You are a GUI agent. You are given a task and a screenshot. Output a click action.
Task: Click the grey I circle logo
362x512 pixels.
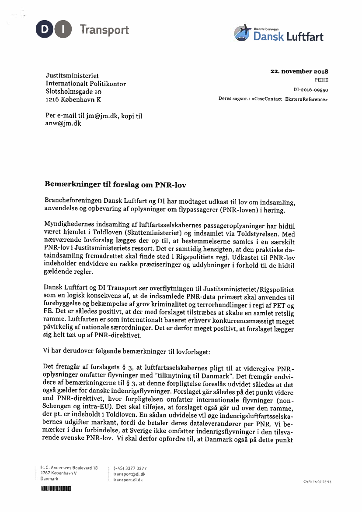coord(63,30)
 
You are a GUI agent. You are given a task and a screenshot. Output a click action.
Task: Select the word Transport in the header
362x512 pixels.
coord(104,30)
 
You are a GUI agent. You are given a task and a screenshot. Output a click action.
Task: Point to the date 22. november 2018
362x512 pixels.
coord(299,71)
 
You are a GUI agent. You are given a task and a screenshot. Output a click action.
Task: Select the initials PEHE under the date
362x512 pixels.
coord(321,80)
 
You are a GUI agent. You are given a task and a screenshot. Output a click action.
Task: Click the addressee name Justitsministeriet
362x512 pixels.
coord(72,76)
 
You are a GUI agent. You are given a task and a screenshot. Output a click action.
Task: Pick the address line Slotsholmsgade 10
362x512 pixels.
coord(73,92)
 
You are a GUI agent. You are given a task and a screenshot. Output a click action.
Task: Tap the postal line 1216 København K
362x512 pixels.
coord(73,100)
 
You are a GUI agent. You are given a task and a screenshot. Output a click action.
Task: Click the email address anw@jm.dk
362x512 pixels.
coord(63,124)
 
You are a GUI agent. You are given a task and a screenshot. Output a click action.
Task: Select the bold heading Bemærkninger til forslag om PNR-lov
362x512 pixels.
coord(115,185)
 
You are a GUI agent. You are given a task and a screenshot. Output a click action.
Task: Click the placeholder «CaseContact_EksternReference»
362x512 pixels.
coord(289,99)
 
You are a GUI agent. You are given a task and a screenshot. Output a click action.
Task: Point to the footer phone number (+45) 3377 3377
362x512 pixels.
coord(130,468)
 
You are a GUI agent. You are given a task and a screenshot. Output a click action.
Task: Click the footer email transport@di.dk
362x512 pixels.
coord(129,474)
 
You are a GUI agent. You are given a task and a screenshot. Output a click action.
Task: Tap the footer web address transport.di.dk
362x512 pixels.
coord(128,480)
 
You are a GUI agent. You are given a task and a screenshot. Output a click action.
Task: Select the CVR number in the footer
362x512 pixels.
coord(317,482)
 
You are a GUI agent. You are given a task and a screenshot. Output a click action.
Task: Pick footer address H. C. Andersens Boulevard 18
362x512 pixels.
coord(69,468)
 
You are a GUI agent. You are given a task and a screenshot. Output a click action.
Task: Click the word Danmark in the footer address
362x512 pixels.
coord(49,479)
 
